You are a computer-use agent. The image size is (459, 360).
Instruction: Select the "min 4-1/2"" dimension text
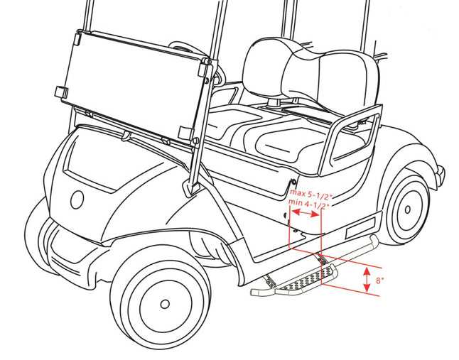click(309, 202)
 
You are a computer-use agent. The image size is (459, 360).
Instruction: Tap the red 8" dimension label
click(379, 280)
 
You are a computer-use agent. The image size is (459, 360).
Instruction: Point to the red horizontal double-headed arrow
click(306, 213)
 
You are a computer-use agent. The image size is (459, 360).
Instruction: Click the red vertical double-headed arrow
click(367, 280)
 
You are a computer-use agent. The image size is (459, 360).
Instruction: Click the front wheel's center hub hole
click(165, 304)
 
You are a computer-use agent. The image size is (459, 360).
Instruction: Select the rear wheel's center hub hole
click(407, 209)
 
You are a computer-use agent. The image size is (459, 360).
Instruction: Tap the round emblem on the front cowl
click(77, 200)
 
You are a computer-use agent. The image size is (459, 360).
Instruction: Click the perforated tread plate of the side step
click(304, 278)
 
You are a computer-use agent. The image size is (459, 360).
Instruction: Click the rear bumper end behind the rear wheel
click(441, 173)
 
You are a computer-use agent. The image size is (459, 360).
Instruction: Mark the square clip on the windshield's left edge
click(62, 92)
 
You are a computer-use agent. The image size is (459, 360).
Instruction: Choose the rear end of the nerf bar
click(374, 241)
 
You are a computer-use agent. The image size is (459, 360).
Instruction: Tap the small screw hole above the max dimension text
click(293, 182)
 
